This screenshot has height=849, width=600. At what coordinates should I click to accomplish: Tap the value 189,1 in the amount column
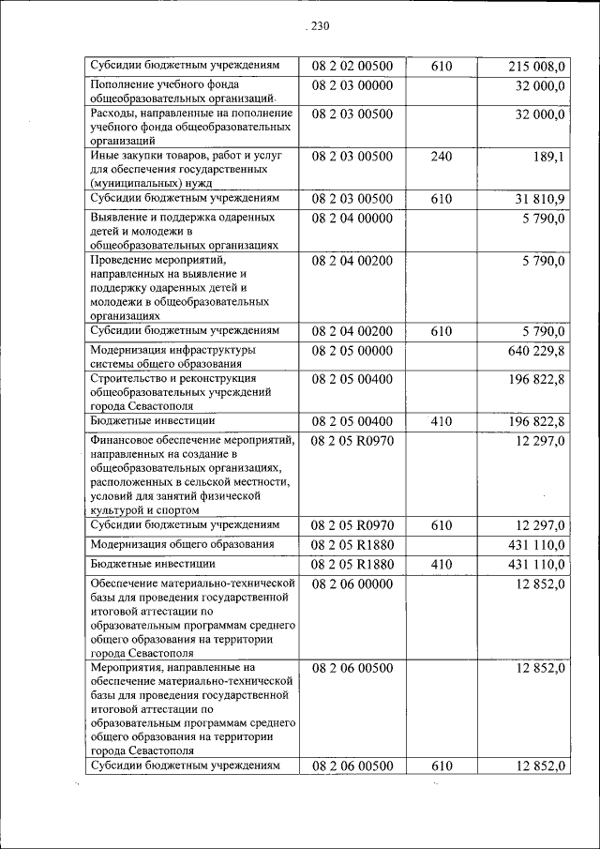click(x=547, y=157)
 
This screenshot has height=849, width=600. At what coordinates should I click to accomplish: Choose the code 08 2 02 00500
click(x=352, y=67)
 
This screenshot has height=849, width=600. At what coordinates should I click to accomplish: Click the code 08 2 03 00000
click(x=352, y=86)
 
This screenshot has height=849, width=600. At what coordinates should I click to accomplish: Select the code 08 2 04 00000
click(x=352, y=219)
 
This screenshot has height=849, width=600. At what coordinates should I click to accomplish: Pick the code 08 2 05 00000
click(x=352, y=351)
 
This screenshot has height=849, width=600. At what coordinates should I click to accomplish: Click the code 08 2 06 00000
click(x=352, y=584)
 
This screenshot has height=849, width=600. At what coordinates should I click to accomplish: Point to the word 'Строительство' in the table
click(x=131, y=377)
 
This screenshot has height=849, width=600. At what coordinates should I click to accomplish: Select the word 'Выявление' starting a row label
click(x=120, y=218)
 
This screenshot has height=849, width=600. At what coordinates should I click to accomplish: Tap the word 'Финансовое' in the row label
click(x=126, y=439)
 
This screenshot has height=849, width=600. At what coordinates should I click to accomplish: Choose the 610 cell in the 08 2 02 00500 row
click(x=442, y=67)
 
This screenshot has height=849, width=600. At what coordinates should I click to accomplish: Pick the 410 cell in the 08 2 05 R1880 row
click(x=442, y=565)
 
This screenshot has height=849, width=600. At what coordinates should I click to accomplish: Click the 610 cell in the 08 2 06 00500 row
click(x=442, y=766)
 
